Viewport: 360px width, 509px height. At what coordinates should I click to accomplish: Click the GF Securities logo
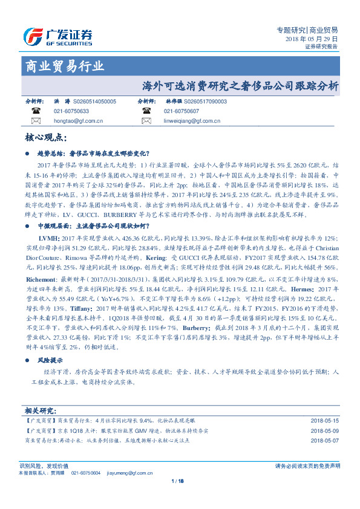point(58,37)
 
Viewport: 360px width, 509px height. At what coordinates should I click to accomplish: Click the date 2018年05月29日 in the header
point(312,38)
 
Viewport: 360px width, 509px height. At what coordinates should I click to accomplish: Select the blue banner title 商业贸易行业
point(64,66)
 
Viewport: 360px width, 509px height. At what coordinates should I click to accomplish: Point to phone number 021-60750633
point(71,112)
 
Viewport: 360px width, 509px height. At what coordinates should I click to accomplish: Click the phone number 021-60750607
point(181,112)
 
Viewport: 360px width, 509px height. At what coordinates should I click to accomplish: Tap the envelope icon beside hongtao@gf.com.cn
point(36,121)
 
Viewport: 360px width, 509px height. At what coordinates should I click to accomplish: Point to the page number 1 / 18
point(178,481)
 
